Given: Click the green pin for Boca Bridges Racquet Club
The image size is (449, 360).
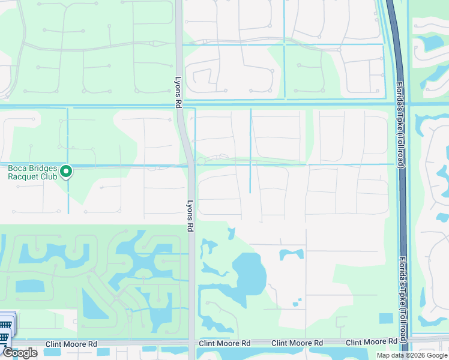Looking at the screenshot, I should (x=67, y=172).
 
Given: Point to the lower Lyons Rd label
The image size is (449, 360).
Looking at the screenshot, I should (x=190, y=216).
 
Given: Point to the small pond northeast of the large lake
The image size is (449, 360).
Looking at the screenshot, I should (x=291, y=254).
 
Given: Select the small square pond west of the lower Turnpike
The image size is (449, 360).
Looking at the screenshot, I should (x=386, y=318).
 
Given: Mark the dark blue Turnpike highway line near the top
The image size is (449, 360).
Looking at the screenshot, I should (x=393, y=24).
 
